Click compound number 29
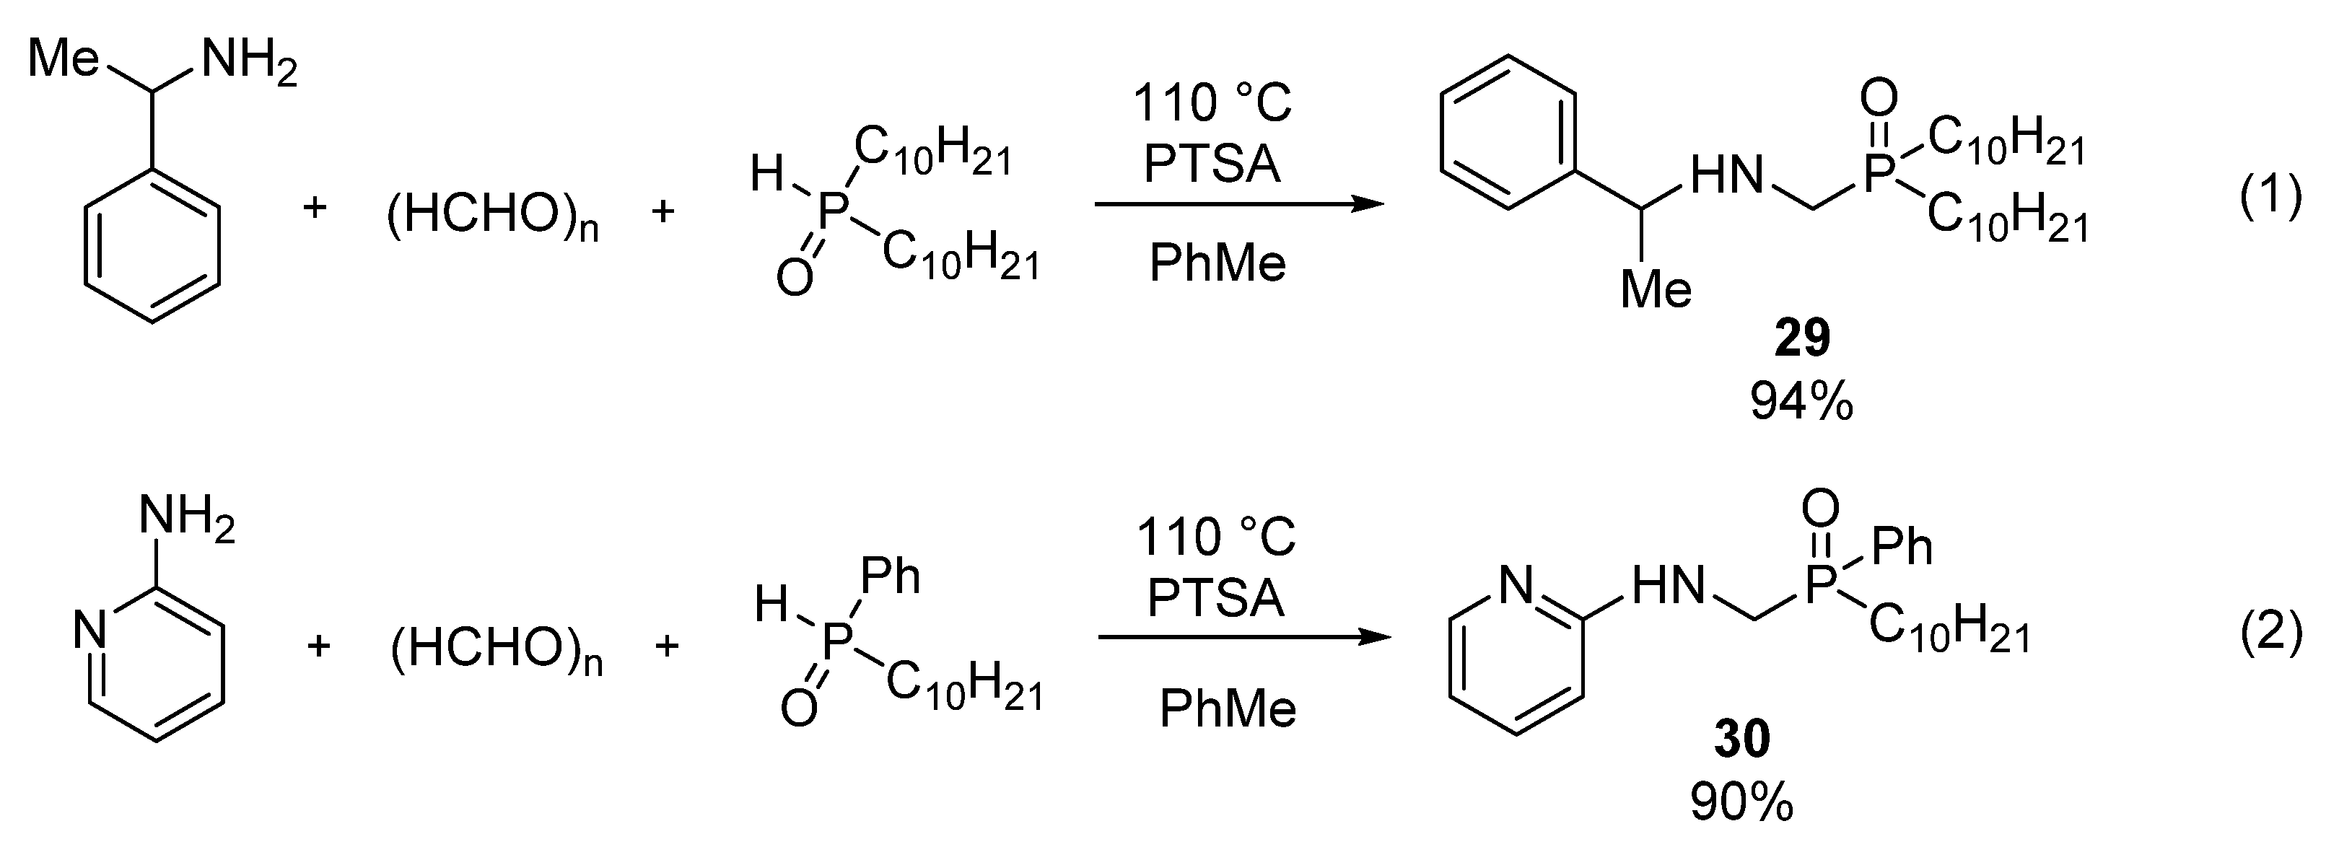tap(1802, 340)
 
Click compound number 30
tap(1742, 740)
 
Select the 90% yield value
tap(1741, 803)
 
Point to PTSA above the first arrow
tap(1212, 164)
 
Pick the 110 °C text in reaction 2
tap(1215, 537)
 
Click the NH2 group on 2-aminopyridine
tap(187, 517)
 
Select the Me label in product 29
tap(1656, 290)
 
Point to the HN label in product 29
tap(1726, 175)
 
